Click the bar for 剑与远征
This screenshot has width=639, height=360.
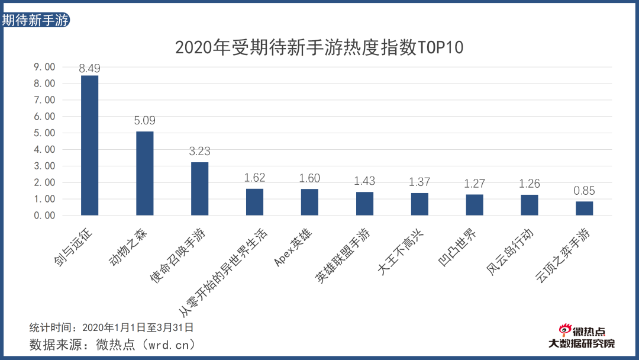point(89,146)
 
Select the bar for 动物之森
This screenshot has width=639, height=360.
point(144,173)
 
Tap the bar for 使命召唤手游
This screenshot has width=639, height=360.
point(199,189)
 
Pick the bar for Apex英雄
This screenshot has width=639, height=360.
point(309,202)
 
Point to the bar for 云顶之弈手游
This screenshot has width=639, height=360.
point(584,208)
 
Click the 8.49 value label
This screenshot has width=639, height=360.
point(89,68)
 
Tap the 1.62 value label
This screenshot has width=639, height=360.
point(254,178)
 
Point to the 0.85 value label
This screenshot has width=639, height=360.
point(584,191)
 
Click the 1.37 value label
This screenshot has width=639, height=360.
point(419,182)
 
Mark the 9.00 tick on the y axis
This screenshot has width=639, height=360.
point(44,67)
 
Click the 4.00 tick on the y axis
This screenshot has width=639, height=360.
point(44,150)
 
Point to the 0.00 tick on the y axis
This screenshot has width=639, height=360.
point(44,216)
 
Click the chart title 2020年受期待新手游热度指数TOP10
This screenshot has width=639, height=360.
point(319,48)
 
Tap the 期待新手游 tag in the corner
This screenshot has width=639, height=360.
point(35,20)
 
